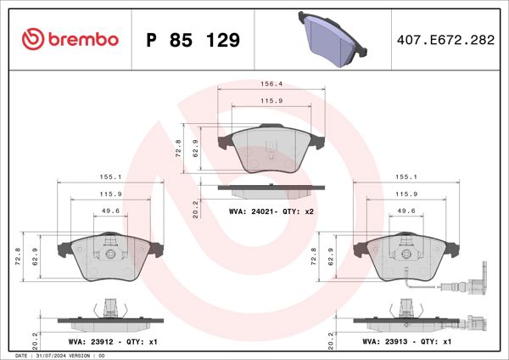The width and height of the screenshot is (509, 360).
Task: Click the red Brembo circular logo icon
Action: tap(32, 40)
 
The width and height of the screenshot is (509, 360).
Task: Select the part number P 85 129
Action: tap(193, 40)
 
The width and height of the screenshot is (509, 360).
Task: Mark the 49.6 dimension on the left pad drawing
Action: tap(109, 212)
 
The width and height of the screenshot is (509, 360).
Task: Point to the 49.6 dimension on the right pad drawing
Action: tap(406, 212)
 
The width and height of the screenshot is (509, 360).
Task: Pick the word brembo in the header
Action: tap(83, 40)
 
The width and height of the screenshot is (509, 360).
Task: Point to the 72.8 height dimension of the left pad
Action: tap(19, 255)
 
